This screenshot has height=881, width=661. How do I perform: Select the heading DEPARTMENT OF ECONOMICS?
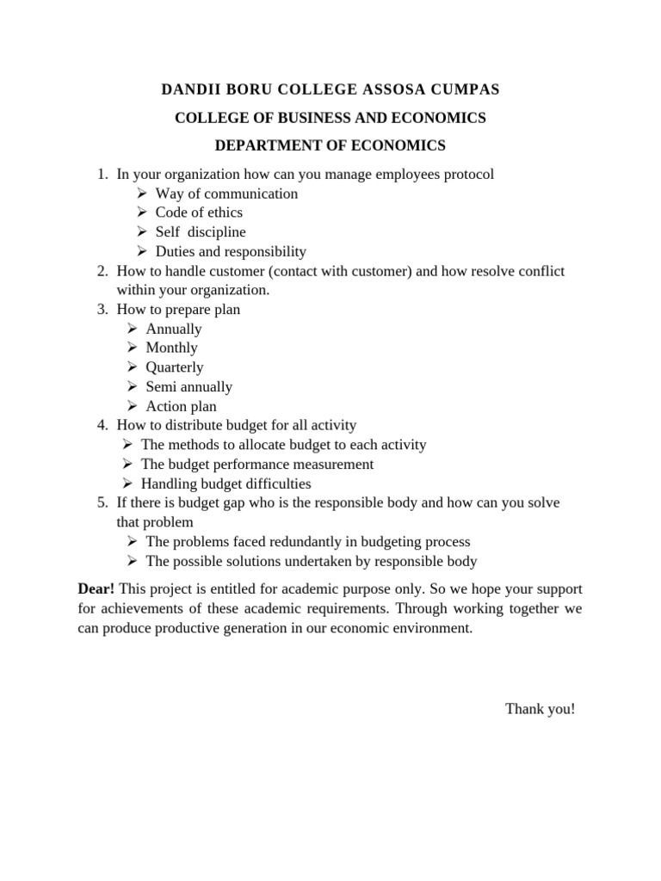pos(330,145)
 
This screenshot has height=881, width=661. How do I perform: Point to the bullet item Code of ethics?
pos(199,213)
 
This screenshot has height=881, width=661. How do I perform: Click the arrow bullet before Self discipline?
pos(142,232)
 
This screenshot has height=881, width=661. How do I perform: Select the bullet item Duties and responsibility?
pos(231,251)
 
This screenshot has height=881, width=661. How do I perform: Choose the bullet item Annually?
pos(174,329)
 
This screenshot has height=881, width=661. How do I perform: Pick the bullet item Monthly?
pos(171,348)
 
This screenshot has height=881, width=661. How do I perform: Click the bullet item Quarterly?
pos(175,367)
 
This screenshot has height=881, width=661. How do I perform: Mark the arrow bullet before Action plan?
pos(132,406)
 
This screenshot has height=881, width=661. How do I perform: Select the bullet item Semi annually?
pos(188,387)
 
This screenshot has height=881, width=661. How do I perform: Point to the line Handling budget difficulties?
pos(225,484)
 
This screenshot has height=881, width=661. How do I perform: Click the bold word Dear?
pos(96,589)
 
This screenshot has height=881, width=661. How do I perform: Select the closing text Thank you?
pos(540,709)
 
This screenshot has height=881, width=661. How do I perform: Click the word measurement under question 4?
pos(332,465)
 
